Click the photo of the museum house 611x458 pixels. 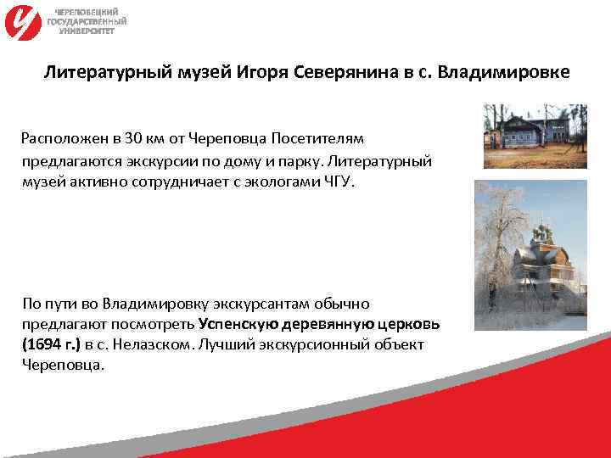(535, 136)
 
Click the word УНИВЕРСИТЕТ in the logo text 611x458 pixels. (86, 30)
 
